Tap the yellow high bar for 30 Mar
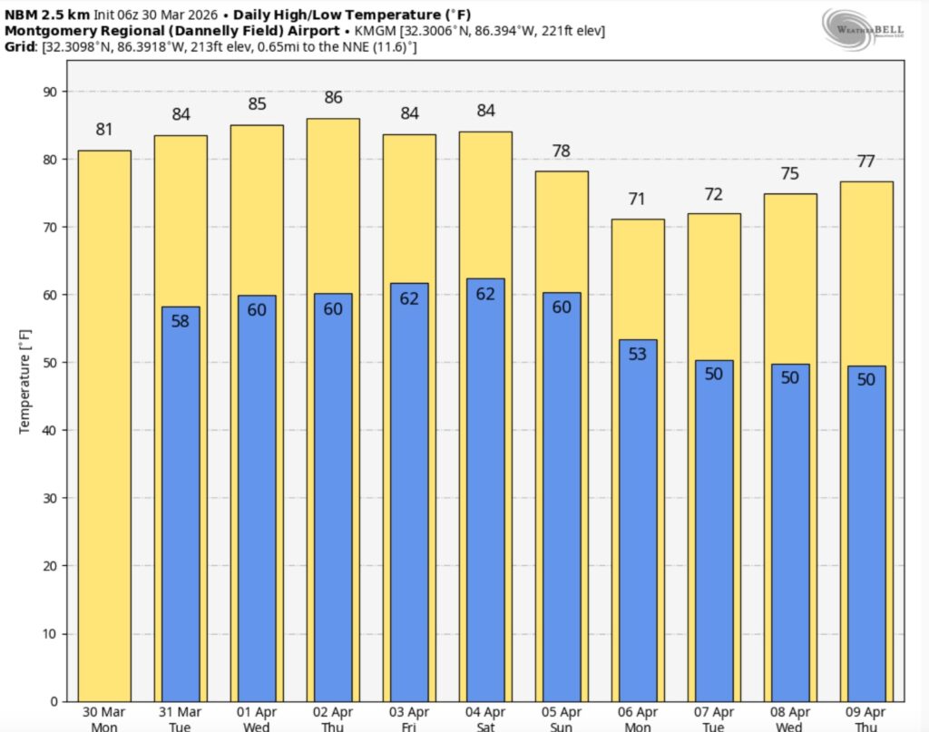104,426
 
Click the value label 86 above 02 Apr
333,98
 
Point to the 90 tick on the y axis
49,92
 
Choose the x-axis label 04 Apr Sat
485,719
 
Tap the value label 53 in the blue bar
638,354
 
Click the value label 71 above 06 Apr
638,199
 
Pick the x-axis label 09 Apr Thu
865,719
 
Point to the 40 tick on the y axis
49,430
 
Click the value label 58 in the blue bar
181,320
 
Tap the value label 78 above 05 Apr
562,151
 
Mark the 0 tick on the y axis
53,701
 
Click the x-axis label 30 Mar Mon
104,719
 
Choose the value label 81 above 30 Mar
104,130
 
